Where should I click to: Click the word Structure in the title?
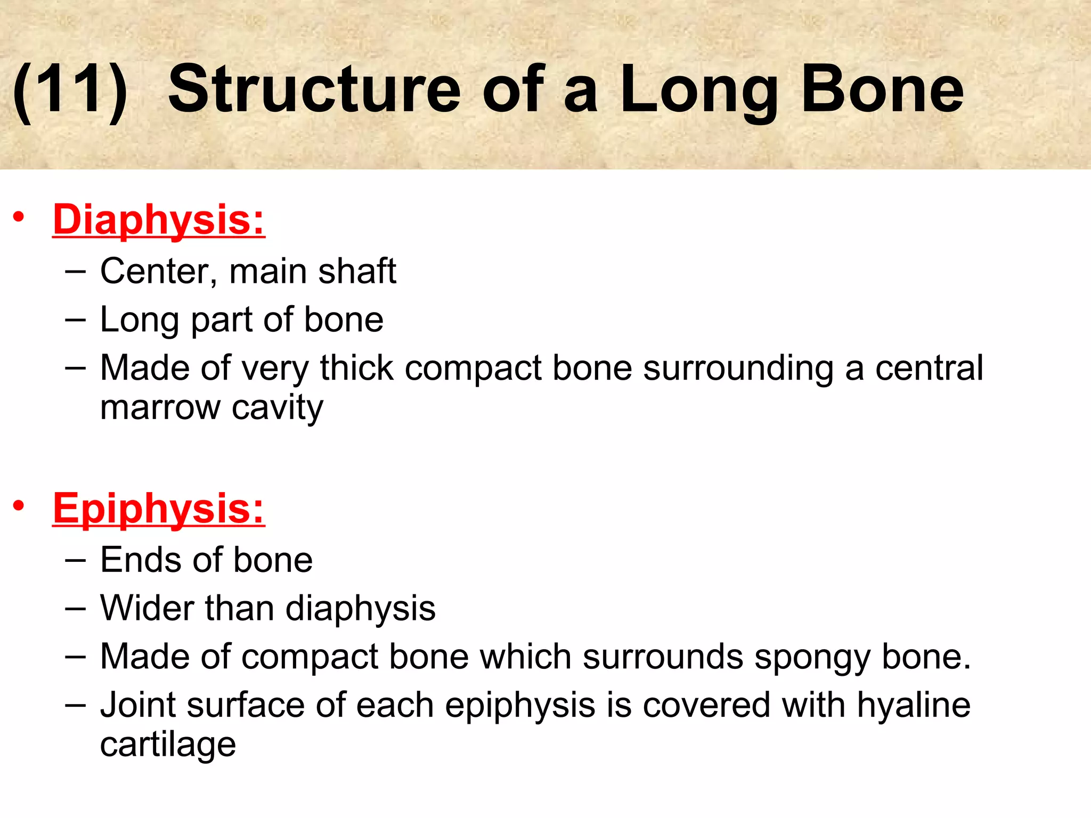[314, 89]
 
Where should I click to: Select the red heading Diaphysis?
[159, 219]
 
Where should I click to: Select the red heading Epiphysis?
[159, 509]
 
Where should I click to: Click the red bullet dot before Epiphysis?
[19, 506]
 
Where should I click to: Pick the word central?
[929, 368]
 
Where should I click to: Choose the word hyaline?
[913, 705]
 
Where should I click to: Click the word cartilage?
[168, 745]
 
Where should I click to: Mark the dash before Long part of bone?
[75, 320]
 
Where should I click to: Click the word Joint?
[138, 705]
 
